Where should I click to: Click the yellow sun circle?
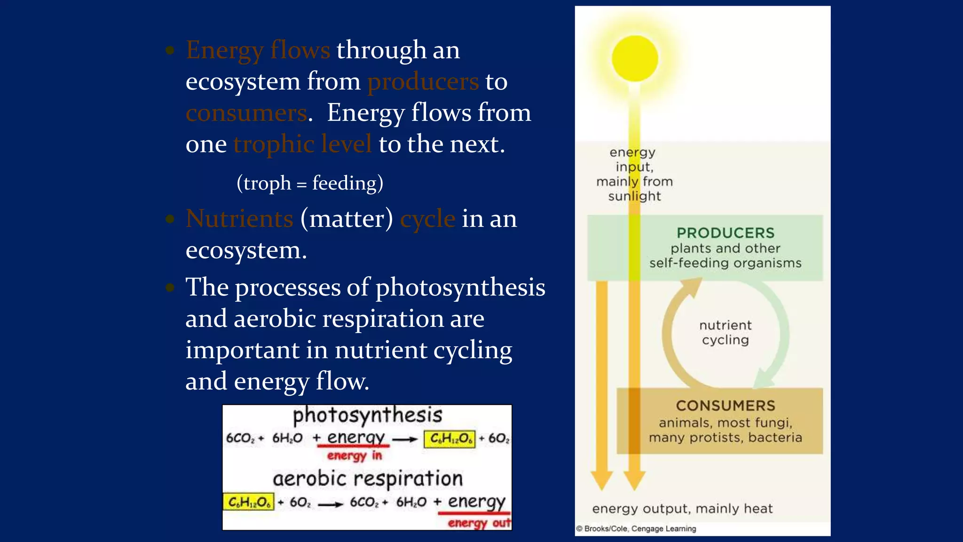(635, 58)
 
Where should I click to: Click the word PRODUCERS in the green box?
(725, 233)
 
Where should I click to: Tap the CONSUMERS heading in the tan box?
(725, 406)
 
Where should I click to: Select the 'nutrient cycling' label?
(725, 333)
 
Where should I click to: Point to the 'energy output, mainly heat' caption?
(682, 509)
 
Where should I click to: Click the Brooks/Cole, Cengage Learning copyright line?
(637, 529)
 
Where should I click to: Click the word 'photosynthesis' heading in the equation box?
(367, 415)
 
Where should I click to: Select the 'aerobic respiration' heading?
(368, 479)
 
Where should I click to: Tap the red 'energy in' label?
(355, 455)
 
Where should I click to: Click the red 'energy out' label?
(479, 523)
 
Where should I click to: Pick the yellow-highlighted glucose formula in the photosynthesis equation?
(450, 439)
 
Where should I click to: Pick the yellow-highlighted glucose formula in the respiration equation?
(248, 502)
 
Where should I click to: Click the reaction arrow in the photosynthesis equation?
(405, 439)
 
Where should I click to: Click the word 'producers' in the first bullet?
(423, 81)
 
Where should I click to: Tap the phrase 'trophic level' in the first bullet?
(302, 144)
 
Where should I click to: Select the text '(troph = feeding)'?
(310, 183)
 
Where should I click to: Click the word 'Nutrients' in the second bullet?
(239, 219)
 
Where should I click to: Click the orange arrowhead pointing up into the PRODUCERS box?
(691, 287)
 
